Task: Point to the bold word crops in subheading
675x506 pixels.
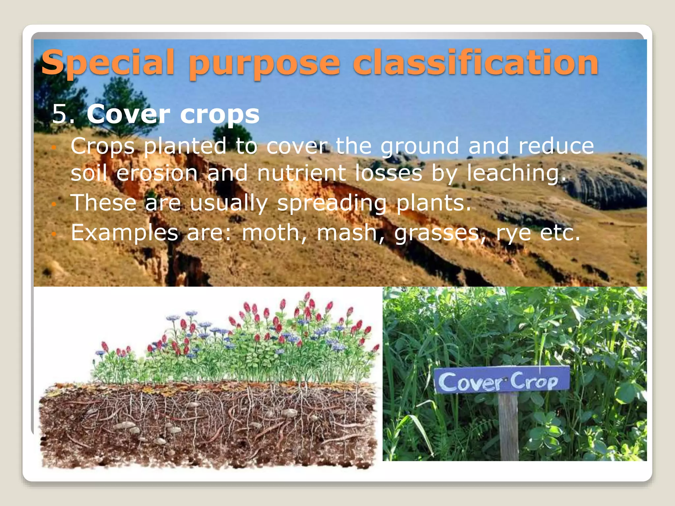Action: tap(220, 115)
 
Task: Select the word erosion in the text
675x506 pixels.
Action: tap(157, 173)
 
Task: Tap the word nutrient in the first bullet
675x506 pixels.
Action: tap(302, 173)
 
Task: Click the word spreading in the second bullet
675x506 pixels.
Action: tap(332, 203)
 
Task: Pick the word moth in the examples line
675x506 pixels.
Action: tap(270, 233)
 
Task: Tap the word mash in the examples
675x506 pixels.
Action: tap(346, 233)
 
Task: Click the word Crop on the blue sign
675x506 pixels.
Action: tap(534, 381)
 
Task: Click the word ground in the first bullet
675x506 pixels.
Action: tap(420, 147)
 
